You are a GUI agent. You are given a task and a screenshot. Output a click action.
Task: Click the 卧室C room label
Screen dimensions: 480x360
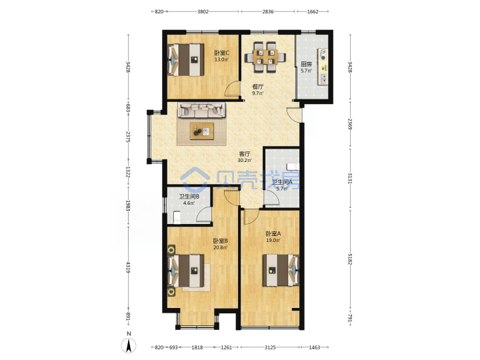(x=221, y=53)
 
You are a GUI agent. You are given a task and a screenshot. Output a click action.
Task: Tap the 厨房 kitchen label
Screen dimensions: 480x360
(x=306, y=64)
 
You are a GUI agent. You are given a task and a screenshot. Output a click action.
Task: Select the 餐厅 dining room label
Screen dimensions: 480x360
(x=257, y=87)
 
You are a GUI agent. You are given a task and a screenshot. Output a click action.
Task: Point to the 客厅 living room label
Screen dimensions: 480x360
(x=245, y=154)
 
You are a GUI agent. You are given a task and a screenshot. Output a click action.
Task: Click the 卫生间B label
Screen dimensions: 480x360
(x=189, y=197)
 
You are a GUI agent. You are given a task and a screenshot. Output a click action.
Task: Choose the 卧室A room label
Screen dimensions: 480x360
(x=273, y=234)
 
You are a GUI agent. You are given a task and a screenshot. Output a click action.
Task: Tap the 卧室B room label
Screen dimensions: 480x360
(x=221, y=241)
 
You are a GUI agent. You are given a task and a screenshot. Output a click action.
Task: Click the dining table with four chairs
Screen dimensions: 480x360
(x=265, y=57)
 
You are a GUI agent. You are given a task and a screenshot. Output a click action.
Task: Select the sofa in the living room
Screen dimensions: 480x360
(x=202, y=110)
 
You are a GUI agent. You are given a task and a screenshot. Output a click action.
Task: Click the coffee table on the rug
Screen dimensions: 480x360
(x=202, y=131)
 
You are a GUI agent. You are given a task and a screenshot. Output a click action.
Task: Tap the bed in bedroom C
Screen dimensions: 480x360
(x=186, y=60)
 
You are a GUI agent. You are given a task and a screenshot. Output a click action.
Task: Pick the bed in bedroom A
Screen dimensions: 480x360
(x=281, y=270)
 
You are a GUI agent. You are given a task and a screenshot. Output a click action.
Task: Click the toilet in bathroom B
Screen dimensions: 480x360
(x=177, y=217)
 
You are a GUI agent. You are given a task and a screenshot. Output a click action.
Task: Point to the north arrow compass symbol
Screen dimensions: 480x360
(x=129, y=345)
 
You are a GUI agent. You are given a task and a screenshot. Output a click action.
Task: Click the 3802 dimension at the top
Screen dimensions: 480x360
(x=203, y=11)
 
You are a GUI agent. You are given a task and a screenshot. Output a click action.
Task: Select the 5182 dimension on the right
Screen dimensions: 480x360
(x=350, y=259)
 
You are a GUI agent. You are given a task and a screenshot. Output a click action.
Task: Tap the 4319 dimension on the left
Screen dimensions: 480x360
(x=128, y=267)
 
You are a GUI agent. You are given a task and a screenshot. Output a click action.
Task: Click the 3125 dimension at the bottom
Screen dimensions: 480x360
(x=270, y=347)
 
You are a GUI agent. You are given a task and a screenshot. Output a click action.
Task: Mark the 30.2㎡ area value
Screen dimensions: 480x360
(x=245, y=160)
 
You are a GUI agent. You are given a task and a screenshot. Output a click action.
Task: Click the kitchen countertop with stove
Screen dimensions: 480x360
(x=323, y=66)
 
